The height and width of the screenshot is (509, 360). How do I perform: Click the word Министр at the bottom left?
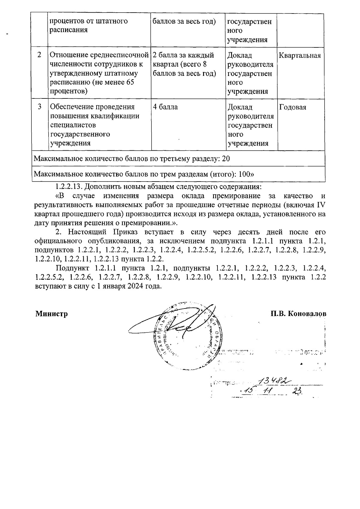pos(52,314)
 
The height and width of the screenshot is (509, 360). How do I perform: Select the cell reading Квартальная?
pos(300,56)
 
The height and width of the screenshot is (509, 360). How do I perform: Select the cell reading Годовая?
pos(292,107)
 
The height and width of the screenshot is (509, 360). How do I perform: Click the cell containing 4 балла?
pos(165,107)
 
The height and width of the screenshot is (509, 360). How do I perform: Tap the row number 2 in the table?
pos(40,55)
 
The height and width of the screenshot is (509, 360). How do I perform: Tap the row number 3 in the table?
pos(40,107)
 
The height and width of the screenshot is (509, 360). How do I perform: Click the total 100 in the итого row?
pos(245,174)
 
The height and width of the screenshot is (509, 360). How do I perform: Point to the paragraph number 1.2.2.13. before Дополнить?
pos(69,187)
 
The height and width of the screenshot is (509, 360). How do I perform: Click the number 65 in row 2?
pos(130,83)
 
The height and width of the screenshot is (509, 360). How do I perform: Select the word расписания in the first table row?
pos(69,30)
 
